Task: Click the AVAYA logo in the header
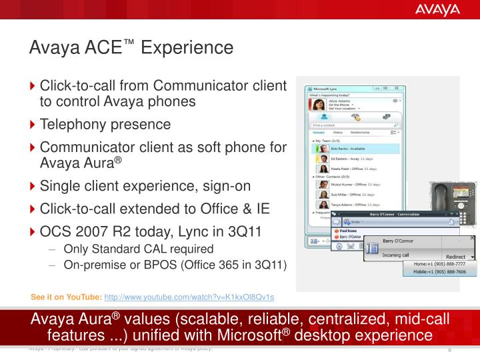[x=438, y=9]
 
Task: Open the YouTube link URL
[x=189, y=296]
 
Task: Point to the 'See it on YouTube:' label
[x=67, y=296]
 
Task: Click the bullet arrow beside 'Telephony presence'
[x=33, y=125]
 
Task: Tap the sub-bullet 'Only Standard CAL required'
[x=138, y=249]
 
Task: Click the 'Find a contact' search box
[x=353, y=125]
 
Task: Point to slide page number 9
[x=450, y=351]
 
